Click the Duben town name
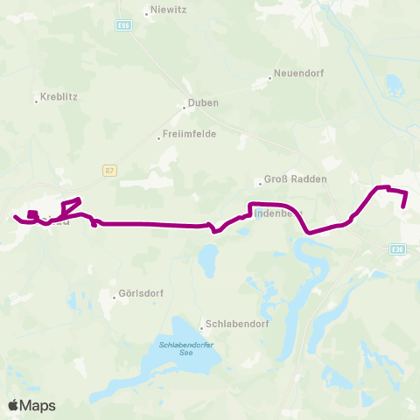pos(204,103)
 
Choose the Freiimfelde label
pos(190,135)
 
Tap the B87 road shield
pos(108,171)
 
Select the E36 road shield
pos(399,249)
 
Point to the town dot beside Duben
pos(184,108)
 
